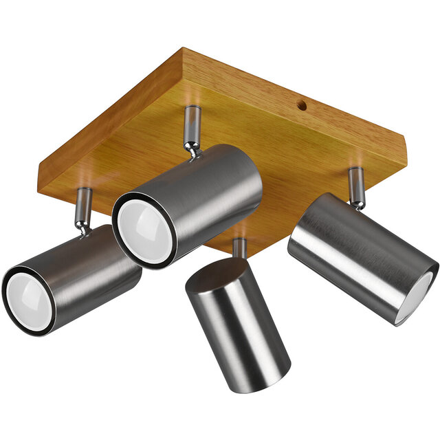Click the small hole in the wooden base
(x=300, y=106)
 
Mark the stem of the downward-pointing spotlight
(x=239, y=249)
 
